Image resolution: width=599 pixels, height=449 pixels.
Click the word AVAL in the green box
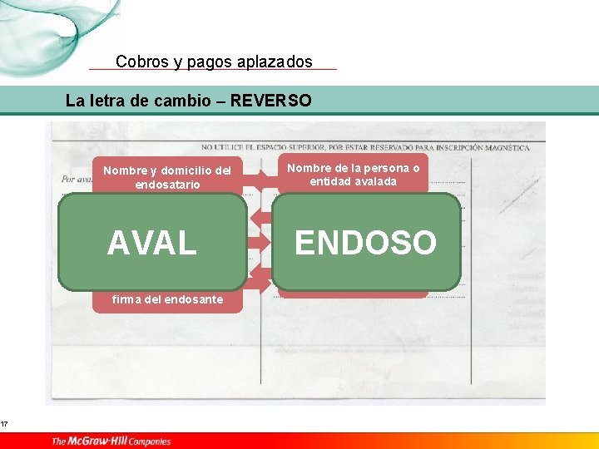[152, 244]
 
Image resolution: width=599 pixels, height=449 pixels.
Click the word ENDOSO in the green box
[365, 243]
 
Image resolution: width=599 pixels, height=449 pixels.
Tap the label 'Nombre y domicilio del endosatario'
[167, 177]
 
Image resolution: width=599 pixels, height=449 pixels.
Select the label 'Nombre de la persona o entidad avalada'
[354, 175]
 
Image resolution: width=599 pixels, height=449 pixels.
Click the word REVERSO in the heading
[270, 101]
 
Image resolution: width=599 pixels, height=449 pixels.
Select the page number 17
[5, 426]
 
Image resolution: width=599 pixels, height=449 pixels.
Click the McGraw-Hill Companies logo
[111, 441]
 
